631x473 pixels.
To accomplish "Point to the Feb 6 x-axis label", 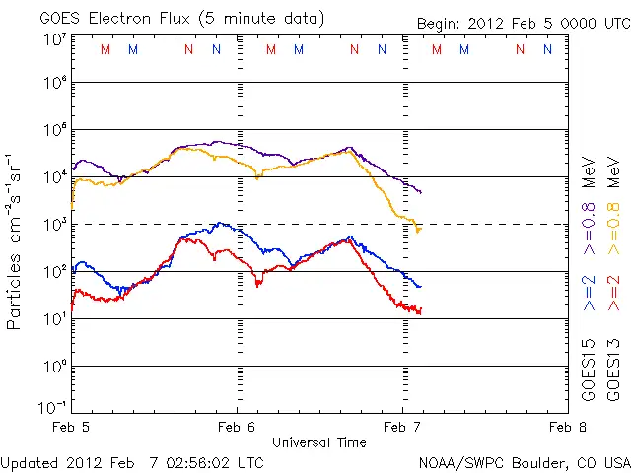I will coord(236,427).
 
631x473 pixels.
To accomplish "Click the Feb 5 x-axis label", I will coord(71,427).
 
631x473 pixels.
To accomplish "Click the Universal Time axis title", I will coord(319,441).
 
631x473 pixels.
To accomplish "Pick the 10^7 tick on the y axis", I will coord(53,40).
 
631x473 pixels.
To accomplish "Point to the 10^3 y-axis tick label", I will coord(53,225).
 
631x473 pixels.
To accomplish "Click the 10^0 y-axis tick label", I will coord(53,367).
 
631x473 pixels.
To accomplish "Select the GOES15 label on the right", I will coord(589,371).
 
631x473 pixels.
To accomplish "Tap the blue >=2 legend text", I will coord(589,293).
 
